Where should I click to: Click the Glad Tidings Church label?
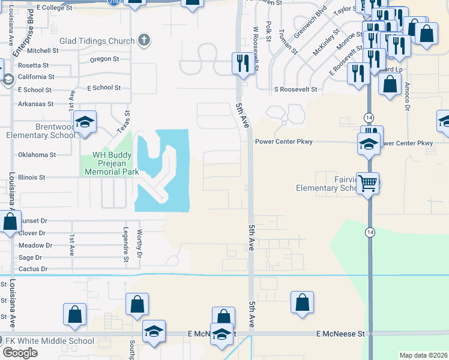[97, 41]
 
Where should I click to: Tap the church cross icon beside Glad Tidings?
[143, 41]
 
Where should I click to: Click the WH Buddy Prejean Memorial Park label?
[111, 163]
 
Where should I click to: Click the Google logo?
[20, 353]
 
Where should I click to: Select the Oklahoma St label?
[37, 155]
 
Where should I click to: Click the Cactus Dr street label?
[32, 269]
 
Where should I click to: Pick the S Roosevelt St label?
[295, 89]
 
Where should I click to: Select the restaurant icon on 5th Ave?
[242, 63]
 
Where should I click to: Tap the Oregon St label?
[105, 59]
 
